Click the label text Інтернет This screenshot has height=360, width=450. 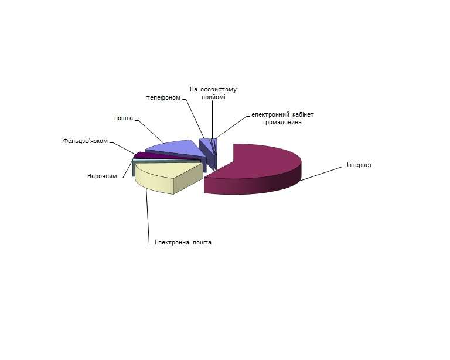tap(359, 165)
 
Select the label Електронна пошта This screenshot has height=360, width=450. tap(183, 242)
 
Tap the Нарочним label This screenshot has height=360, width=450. tap(102, 176)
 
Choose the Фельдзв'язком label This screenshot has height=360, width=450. tap(85, 141)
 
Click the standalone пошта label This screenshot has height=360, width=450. tap(124, 118)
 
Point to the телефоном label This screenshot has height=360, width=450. tap(163, 97)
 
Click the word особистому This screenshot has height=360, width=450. tap(219, 90)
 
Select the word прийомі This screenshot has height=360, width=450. tap(213, 97)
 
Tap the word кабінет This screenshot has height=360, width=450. tap(303, 114)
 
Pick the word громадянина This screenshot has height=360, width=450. tap(282, 123)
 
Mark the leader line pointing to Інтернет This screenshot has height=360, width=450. tap(323, 174)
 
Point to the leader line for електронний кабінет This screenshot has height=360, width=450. tap(232, 127)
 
